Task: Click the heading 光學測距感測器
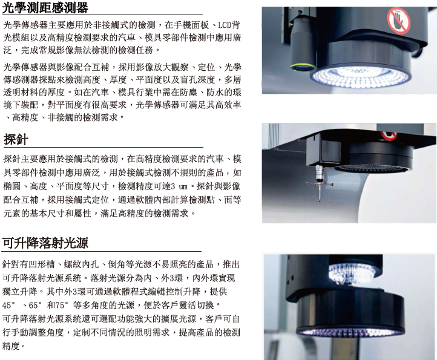click(45, 7)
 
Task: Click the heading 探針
click(16, 139)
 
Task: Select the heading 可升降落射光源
click(45, 243)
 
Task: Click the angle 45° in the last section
click(8, 305)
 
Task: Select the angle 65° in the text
click(35, 305)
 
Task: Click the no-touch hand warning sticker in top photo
click(398, 21)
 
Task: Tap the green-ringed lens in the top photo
click(303, 67)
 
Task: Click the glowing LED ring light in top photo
click(361, 76)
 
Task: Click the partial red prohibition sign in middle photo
click(389, 136)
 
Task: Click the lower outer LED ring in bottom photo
click(350, 332)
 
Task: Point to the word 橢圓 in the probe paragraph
click(12, 186)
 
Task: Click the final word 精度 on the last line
click(11, 346)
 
